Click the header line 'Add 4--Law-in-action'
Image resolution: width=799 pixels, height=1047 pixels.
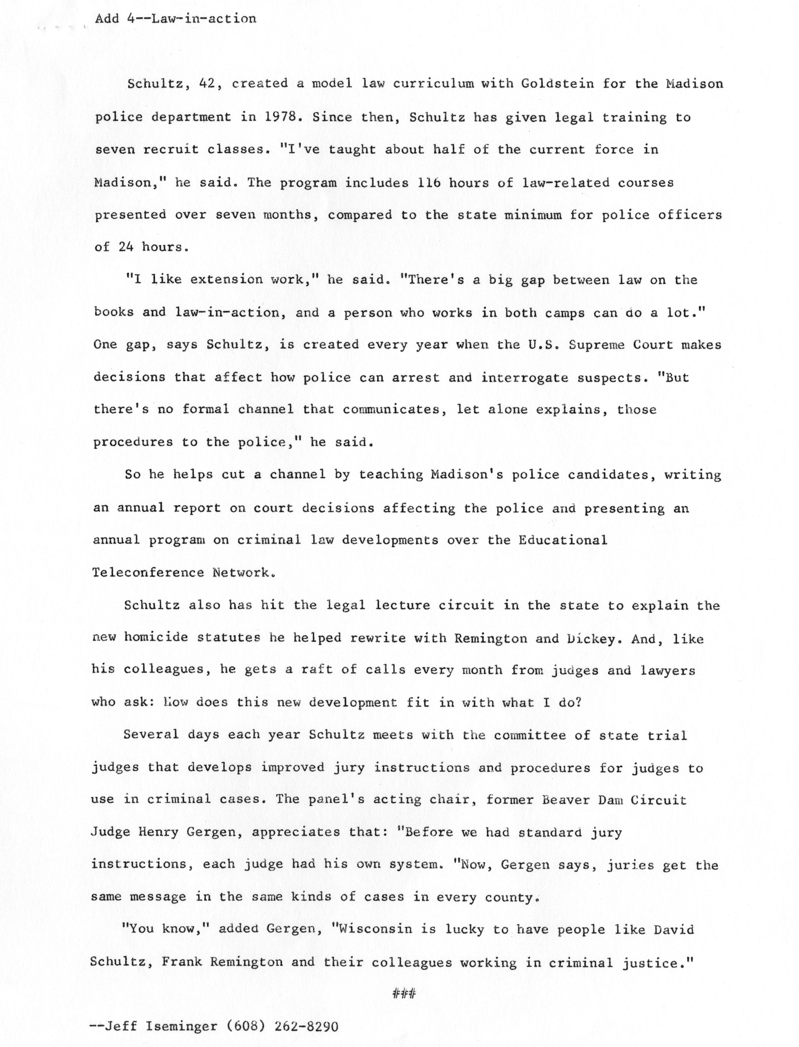pos(175,19)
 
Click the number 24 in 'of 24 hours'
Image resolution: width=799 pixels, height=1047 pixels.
pos(126,247)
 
